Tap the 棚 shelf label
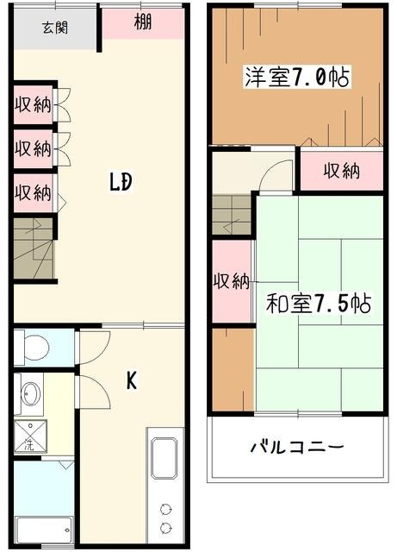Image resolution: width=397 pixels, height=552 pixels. pos(143,23)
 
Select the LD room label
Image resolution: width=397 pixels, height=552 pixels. pos(120,183)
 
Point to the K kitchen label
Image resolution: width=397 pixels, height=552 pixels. pos(132,380)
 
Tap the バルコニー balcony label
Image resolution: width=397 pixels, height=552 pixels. pos(297,448)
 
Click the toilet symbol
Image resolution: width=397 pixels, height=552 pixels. pos(34,348)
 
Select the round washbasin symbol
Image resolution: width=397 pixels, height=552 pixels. pos(29,394)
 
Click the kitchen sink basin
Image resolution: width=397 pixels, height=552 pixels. pos(164,458)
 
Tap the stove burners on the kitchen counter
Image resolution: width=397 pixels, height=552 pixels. pos(164,517)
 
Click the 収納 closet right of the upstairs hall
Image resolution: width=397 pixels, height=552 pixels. pos(340,171)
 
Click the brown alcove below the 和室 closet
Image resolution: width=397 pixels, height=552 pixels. pos(232,369)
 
